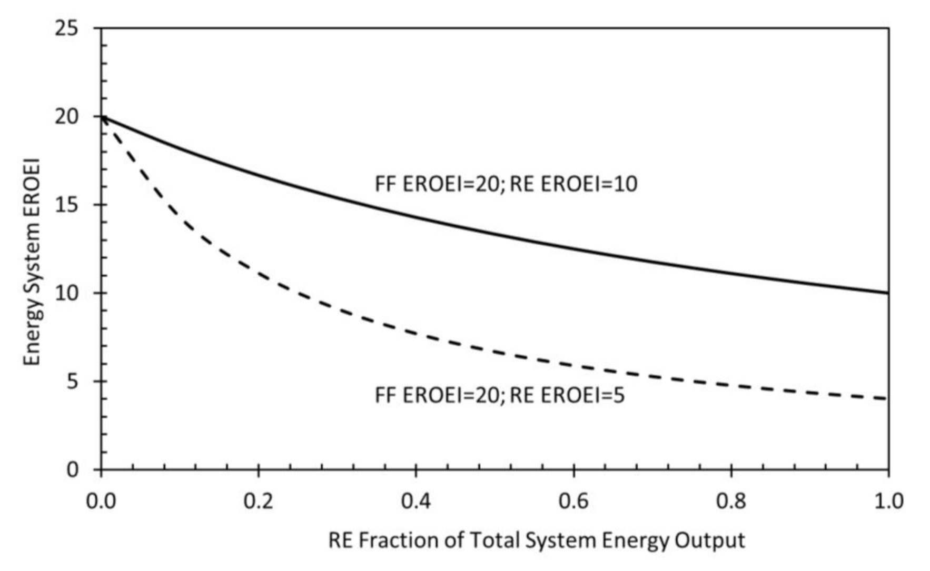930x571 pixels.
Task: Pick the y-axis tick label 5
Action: [x=72, y=382]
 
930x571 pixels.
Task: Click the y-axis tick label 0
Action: [x=72, y=469]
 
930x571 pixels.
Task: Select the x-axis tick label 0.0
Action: [x=101, y=500]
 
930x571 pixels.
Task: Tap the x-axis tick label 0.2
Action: [x=258, y=500]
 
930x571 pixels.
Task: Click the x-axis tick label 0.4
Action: [x=415, y=500]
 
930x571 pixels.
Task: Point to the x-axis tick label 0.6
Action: [x=573, y=500]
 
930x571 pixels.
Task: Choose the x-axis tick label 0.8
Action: [x=731, y=500]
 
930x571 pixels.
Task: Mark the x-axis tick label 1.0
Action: [x=888, y=500]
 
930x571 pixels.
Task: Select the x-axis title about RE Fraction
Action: [x=536, y=540]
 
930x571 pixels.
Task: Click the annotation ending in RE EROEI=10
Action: [x=506, y=184]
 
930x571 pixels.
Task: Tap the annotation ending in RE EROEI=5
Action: [x=499, y=395]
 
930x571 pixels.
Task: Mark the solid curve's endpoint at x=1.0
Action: [x=888, y=293]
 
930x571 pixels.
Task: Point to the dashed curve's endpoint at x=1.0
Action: [x=887, y=398]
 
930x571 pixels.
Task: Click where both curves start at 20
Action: [x=102, y=117]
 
